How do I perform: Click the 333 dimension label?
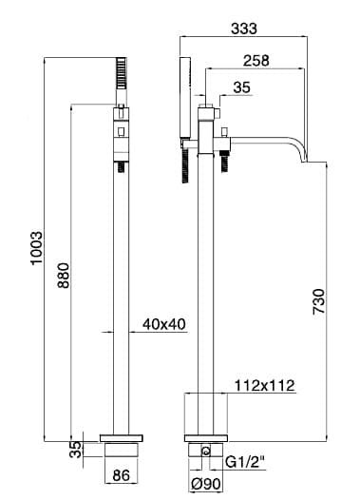(x=244, y=29)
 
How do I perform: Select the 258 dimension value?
(x=256, y=61)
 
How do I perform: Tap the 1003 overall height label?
(x=37, y=248)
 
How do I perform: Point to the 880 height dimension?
(x=63, y=276)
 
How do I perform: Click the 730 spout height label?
(x=319, y=301)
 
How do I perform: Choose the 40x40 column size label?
(x=163, y=324)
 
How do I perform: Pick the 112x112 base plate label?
(x=264, y=386)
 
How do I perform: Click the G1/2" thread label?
(x=245, y=461)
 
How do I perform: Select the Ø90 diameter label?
(x=206, y=485)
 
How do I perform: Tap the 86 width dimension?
(x=122, y=475)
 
